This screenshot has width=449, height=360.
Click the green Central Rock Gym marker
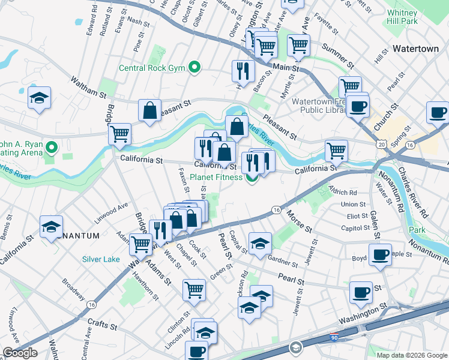point(194,67)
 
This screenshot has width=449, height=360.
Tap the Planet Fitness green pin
point(252,177)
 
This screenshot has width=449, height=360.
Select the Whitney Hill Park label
point(402,17)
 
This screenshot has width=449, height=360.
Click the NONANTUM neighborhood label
point(76,236)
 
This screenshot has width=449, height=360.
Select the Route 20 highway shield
point(382,145)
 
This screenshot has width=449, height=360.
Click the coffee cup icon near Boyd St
point(380,254)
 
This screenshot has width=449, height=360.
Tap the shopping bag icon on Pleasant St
point(149,110)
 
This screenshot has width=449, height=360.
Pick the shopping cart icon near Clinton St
point(194,289)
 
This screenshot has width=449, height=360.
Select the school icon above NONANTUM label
point(52,226)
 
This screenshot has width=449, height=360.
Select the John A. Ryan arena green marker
point(52,147)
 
